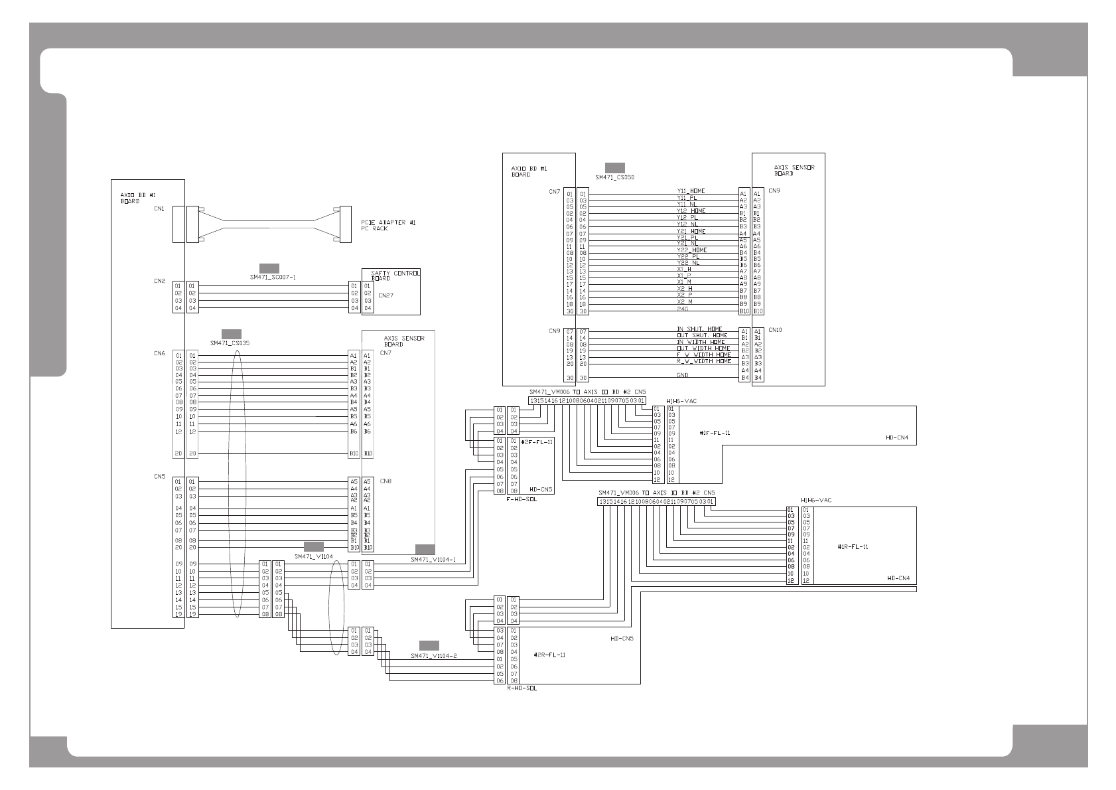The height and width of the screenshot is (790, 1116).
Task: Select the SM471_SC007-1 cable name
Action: coord(273,277)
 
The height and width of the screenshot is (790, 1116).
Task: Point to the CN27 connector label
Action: coord(385,295)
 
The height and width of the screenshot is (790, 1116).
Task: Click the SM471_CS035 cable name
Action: coord(230,343)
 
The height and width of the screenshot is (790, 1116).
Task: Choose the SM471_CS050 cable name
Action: coord(615,177)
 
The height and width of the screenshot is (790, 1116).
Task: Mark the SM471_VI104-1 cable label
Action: coord(433,560)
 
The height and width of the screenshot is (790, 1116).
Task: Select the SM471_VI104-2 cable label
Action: coord(433,656)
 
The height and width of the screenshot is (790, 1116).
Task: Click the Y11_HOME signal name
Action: coord(691,191)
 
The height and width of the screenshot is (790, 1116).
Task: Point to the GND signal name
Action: coord(683,375)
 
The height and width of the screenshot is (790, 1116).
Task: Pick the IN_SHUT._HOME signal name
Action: coord(699,329)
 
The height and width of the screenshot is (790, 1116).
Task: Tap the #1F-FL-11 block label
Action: coord(715,433)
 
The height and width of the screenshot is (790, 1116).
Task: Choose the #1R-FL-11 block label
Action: coord(853,547)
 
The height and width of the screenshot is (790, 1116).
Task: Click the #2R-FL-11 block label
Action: coord(549,655)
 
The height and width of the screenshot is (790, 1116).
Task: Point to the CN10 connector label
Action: coord(775,330)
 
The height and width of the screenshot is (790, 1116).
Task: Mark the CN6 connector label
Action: coord(159,354)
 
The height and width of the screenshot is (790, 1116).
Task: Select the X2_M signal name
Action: coord(685,302)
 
